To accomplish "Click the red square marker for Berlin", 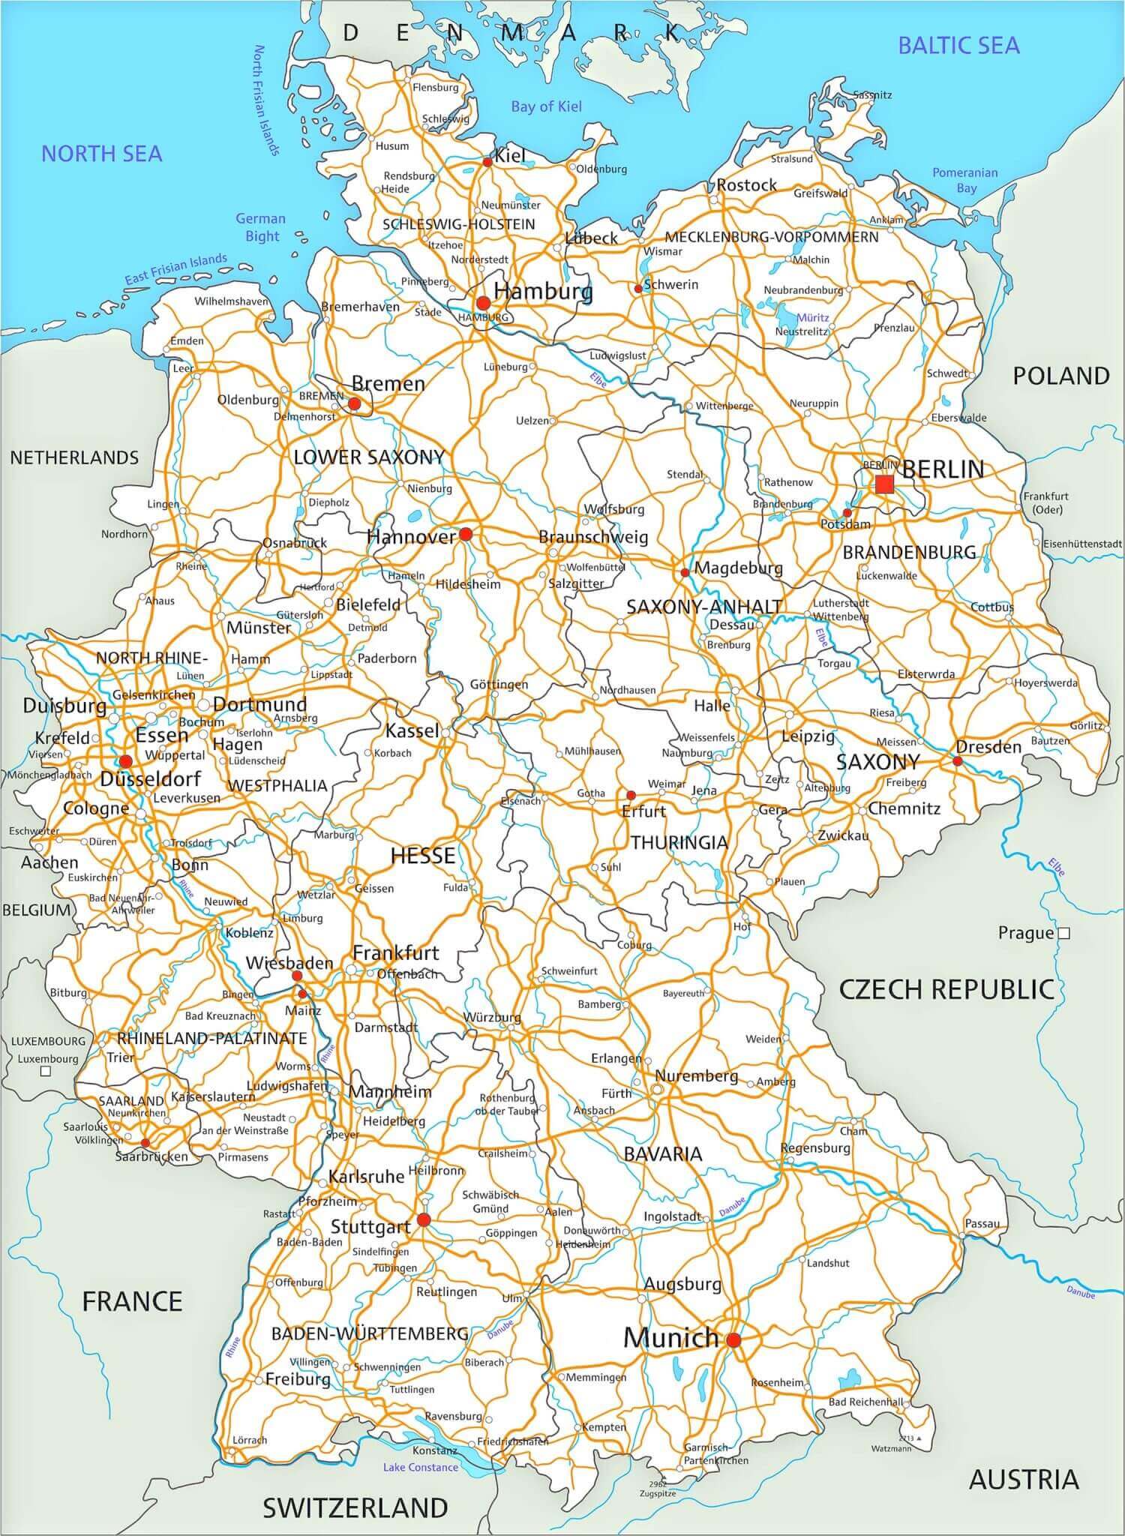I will (884, 484).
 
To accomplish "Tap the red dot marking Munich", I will (733, 1339).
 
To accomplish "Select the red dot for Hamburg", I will (483, 303).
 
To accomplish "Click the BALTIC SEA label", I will (958, 46).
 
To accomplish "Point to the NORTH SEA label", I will (101, 154).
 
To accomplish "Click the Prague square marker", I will (1063, 934).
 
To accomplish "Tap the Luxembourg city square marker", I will (46, 1072).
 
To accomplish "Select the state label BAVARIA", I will (663, 1153).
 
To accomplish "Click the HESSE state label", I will (423, 856).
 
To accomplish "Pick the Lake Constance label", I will (420, 1467).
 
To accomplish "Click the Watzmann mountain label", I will (891, 1448).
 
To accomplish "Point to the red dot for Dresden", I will (957, 760).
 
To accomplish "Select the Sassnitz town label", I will (872, 95).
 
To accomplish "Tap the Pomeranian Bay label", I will (965, 180).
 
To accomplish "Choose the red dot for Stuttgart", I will (423, 1220).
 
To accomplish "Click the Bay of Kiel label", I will (546, 106).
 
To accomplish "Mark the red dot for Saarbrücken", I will (145, 1143).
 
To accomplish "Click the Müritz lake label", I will (812, 317).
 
